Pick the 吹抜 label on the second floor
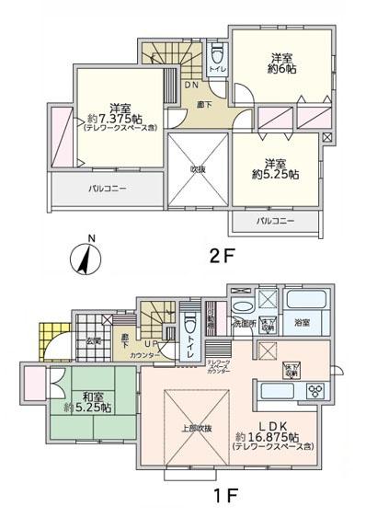[x=198, y=168]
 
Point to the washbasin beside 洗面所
[x=241, y=307]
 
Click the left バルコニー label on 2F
[x=108, y=189]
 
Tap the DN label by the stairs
[x=191, y=86]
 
